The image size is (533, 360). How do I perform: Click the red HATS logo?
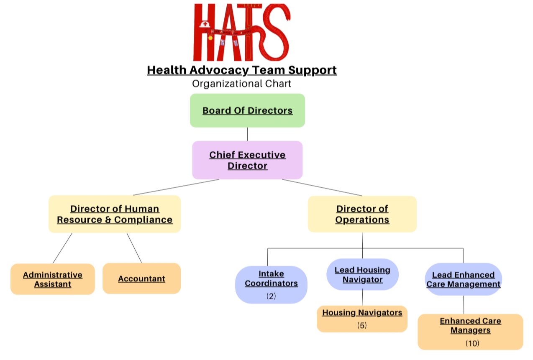coord(241,32)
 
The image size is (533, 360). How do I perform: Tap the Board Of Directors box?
coord(247,110)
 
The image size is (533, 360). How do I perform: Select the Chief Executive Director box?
coord(247,160)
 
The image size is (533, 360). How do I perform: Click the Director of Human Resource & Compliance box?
coord(115,214)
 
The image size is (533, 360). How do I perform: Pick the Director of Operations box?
coord(362,214)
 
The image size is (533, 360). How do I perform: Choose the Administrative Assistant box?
coord(53,279)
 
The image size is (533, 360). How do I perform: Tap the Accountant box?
coord(141,278)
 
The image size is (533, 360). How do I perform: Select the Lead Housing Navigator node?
coord(362,275)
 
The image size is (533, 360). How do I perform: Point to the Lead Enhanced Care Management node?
coord(463,279)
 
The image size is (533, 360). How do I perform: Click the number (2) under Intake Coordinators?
coord(271,296)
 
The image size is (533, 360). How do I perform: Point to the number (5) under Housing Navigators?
coord(362,325)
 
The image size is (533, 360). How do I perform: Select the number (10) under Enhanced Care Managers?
coord(472,343)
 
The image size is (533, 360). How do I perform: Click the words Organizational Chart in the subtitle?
coord(241,84)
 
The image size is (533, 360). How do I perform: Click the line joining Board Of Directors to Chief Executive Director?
coord(247,134)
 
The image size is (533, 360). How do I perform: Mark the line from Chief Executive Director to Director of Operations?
coord(322,187)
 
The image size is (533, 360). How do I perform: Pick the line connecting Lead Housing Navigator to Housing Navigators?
coord(362,298)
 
